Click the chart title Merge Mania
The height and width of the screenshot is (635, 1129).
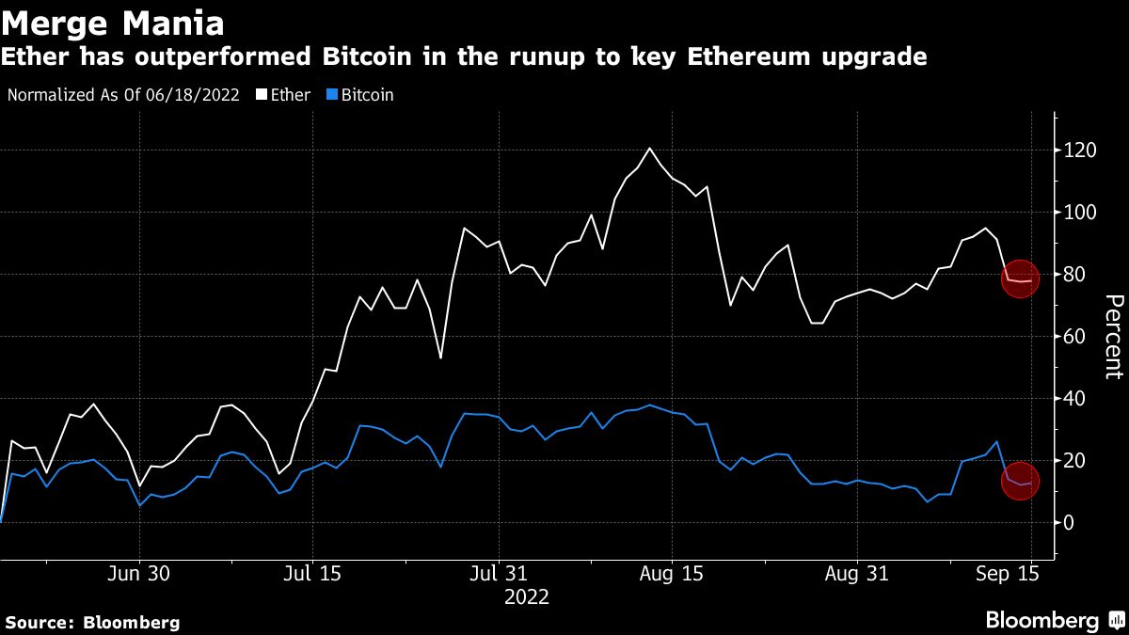pos(113,21)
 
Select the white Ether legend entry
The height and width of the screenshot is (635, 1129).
pos(286,95)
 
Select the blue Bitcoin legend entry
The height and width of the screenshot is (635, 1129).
pos(361,95)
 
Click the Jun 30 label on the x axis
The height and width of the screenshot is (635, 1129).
pos(139,574)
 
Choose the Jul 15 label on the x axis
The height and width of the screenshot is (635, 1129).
pos(311,574)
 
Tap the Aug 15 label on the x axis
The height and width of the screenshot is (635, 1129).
pos(672,574)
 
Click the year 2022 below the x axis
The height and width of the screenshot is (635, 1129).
pos(527,597)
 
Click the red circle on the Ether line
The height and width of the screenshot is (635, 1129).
pos(1019,280)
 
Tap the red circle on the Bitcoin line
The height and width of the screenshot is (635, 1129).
pos(1019,482)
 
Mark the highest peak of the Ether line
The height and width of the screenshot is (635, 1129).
pos(649,148)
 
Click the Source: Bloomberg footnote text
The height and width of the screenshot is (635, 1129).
pos(92,623)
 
